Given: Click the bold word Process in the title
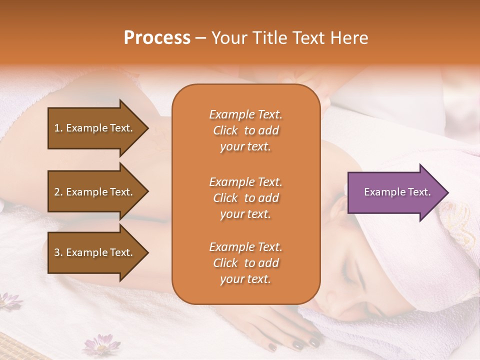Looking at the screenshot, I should tap(157, 38).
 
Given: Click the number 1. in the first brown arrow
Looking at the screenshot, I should tap(58, 128).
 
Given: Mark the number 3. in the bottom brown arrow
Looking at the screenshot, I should tap(58, 253).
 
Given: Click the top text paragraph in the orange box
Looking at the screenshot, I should tap(245, 130).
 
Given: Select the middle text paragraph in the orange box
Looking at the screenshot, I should tap(245, 198).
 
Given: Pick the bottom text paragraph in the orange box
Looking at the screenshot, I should tap(245, 263).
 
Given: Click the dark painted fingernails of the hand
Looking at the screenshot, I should tap(298, 344).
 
